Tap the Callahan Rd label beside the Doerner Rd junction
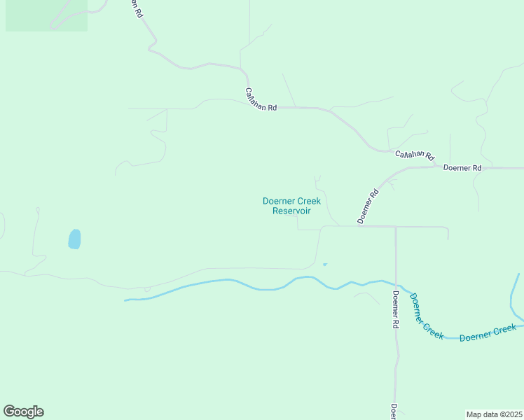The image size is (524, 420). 414,155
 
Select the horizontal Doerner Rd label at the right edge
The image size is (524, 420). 463,168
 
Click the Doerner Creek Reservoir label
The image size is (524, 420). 291,206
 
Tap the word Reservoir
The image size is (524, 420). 291,211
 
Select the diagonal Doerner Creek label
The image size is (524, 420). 426,316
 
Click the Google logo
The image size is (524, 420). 23,412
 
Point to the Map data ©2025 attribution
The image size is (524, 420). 495,414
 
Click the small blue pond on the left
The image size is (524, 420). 74,239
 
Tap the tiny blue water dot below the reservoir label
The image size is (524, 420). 324,264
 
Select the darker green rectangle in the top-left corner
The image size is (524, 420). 46,15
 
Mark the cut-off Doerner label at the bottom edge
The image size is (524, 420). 394,412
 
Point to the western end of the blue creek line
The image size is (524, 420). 126,300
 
